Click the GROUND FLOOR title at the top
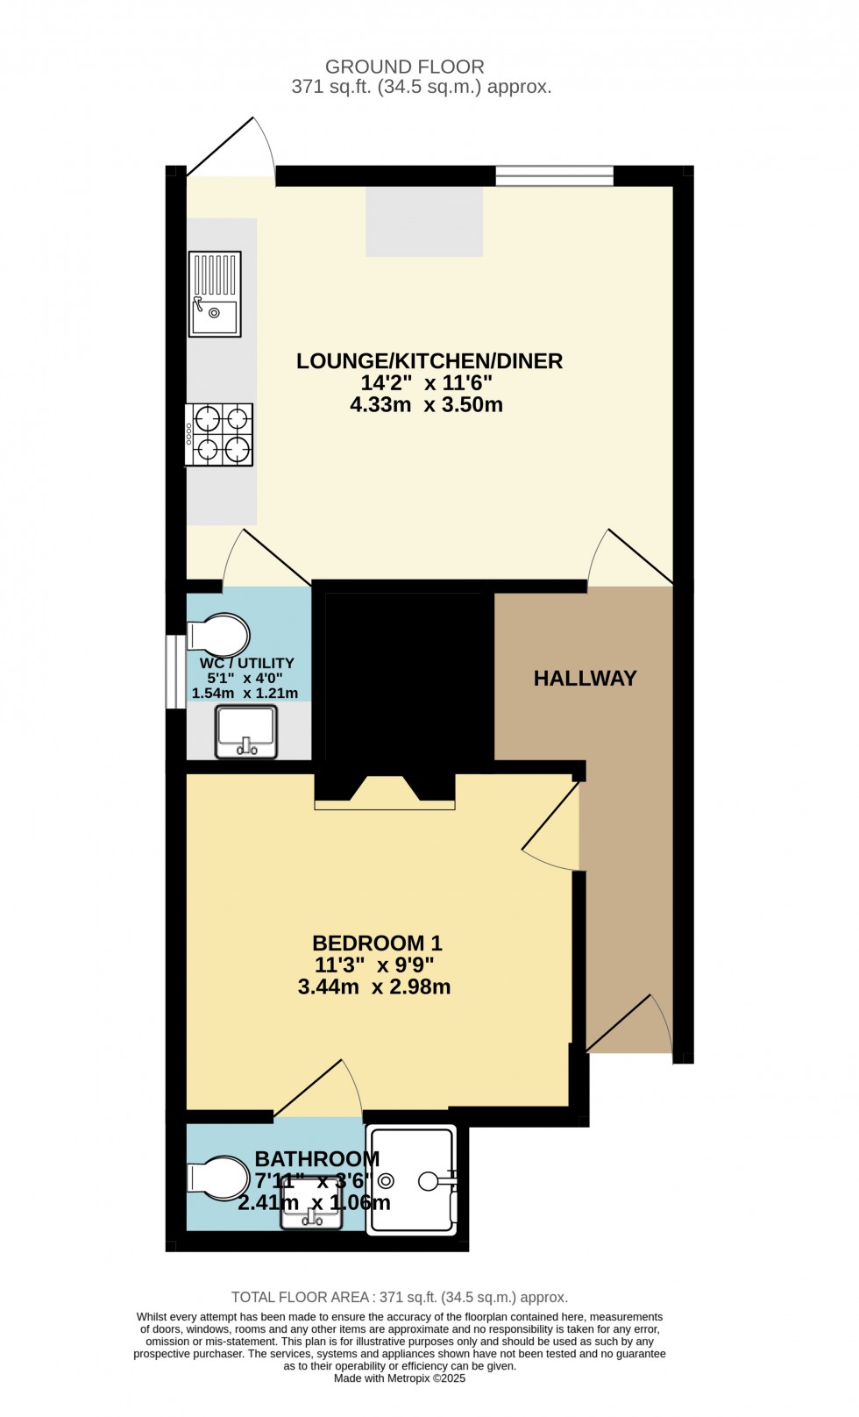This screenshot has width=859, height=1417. tap(404, 67)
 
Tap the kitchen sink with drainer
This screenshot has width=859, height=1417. tap(215, 294)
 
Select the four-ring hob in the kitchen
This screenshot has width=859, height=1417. tap(220, 434)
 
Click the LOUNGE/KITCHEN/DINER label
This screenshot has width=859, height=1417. tap(429, 361)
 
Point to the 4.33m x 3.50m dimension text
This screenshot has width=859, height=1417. tap(426, 405)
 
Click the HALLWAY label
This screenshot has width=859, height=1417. tap(585, 678)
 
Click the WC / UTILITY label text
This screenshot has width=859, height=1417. tap(246, 663)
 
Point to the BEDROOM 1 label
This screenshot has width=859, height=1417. tap(377, 943)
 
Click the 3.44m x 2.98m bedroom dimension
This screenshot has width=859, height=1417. tap(374, 987)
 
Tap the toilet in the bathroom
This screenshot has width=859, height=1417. tap(218, 1178)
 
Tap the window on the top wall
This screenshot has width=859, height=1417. tap(554, 175)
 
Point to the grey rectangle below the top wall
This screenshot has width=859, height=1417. tap(424, 221)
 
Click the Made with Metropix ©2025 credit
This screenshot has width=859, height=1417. tap(400, 1378)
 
